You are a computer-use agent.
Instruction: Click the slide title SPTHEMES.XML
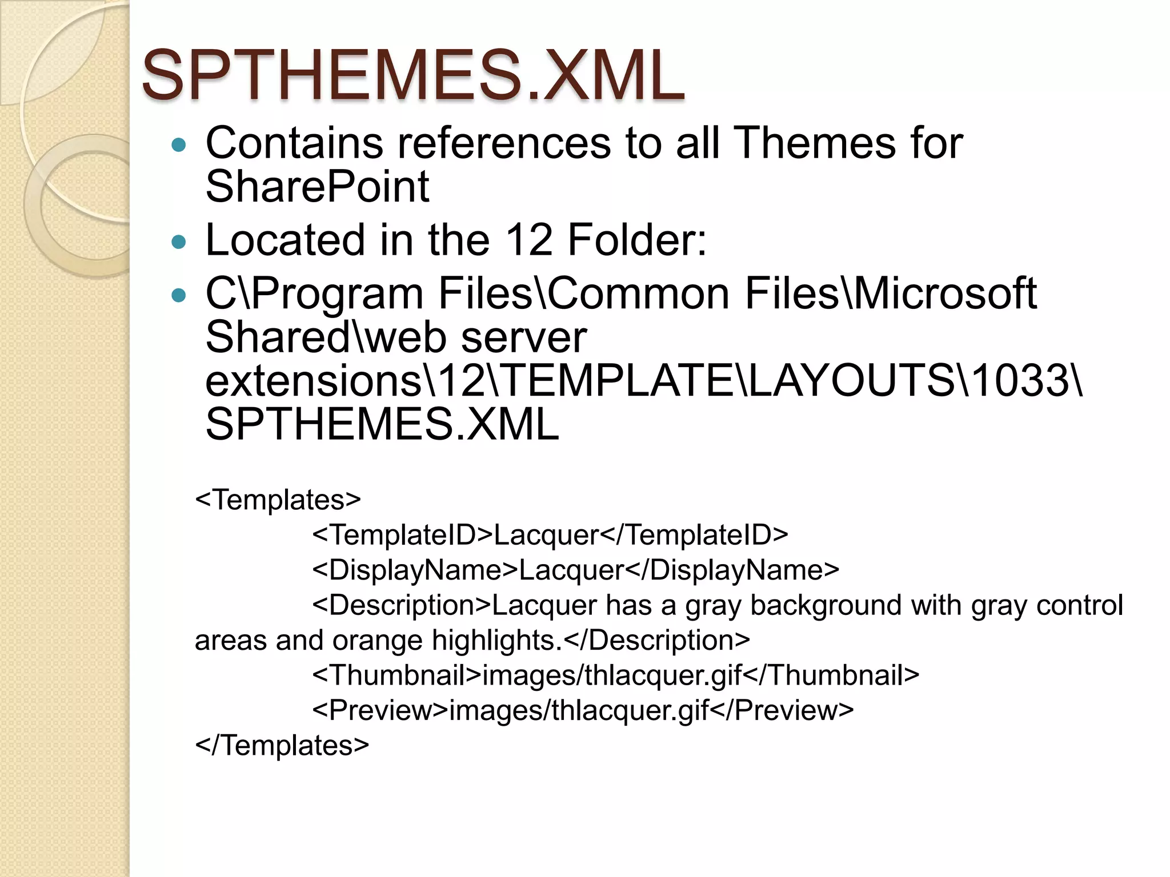(412, 75)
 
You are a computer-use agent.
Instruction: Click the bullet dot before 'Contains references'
(179, 144)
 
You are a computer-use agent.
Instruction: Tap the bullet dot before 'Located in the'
(179, 242)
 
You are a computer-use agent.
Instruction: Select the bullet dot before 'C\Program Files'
(179, 295)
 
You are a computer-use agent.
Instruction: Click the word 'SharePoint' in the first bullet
(317, 187)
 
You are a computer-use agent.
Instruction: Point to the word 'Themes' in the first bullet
(814, 143)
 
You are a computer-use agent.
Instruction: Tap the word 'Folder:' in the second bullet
(637, 240)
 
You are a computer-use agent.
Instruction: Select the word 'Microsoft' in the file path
(945, 293)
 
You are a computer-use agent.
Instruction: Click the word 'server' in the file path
(524, 337)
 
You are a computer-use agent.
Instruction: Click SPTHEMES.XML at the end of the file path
(382, 424)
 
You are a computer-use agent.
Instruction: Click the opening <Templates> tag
(278, 500)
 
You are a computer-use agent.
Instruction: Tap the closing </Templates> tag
(282, 745)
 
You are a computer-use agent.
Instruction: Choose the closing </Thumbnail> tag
(831, 675)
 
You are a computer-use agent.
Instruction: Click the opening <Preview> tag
(380, 710)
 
